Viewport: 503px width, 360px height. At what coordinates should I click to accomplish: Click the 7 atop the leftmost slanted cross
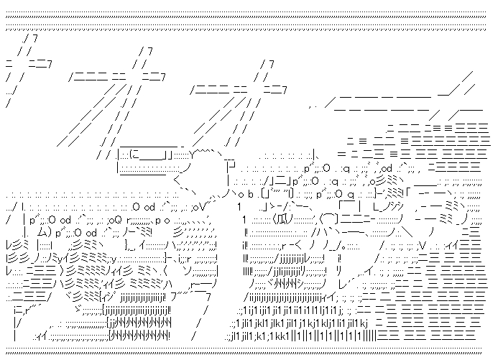tap(29, 37)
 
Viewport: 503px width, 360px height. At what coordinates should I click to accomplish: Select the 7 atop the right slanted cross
tap(269, 63)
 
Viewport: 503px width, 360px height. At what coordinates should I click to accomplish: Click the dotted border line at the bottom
tap(251, 352)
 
